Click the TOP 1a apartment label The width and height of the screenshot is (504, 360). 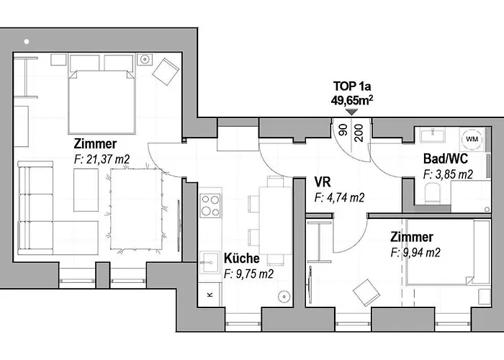click(352, 86)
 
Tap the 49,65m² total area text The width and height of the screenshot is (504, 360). click(352, 100)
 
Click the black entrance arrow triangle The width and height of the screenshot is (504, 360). click(352, 112)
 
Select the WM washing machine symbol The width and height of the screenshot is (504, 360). click(472, 139)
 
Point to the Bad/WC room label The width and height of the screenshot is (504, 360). click(446, 159)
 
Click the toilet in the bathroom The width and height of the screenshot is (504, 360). click(432, 193)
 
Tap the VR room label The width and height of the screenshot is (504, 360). click(323, 182)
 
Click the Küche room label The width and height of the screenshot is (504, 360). click(241, 258)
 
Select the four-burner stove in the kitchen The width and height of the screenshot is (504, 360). click(210, 206)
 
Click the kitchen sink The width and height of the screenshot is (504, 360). click(210, 263)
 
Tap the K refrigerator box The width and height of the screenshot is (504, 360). click(210, 294)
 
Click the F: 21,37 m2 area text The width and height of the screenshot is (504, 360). click(102, 159)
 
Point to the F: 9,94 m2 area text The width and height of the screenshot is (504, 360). click(415, 253)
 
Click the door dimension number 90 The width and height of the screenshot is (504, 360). click(343, 130)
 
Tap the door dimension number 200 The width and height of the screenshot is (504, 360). click(359, 133)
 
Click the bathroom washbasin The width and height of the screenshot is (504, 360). click(433, 135)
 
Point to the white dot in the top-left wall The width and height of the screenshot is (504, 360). click(27, 42)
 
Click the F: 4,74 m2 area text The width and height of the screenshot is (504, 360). click(339, 198)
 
